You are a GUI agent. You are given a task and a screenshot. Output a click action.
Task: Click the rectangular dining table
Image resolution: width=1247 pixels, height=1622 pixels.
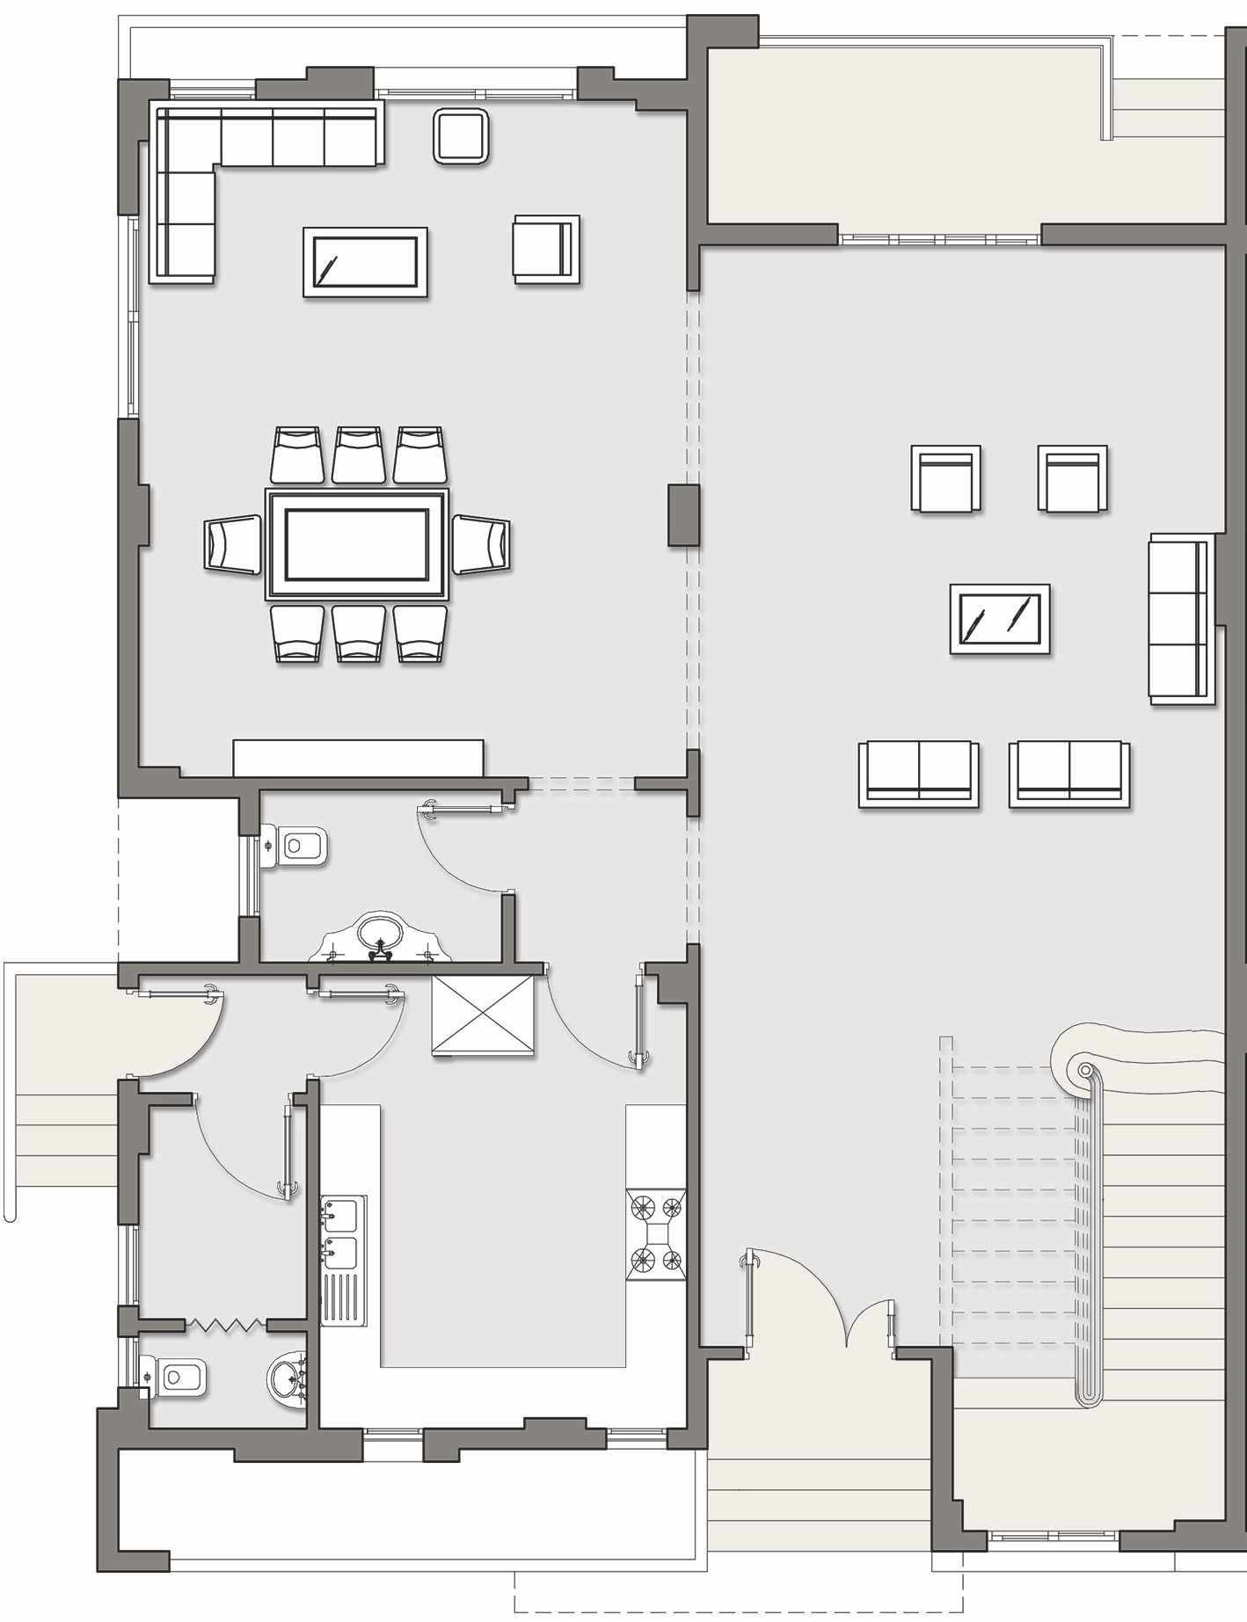[x=356, y=544]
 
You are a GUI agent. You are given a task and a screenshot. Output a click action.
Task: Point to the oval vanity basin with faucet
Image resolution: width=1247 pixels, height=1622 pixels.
[x=379, y=937]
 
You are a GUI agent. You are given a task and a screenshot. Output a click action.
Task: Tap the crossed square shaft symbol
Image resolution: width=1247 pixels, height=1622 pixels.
[x=483, y=1016]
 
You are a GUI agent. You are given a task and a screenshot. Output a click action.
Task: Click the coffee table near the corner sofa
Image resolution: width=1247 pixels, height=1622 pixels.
[x=366, y=262]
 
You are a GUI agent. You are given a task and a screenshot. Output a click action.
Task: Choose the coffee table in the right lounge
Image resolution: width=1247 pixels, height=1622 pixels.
[x=1000, y=619]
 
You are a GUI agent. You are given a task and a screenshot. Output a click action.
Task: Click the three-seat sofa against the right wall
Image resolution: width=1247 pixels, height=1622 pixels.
[x=1181, y=619]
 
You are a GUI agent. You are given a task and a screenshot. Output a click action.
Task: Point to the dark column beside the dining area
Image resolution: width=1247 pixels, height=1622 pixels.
[x=683, y=515]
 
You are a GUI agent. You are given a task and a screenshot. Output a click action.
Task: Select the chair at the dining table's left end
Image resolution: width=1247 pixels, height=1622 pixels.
[x=233, y=545]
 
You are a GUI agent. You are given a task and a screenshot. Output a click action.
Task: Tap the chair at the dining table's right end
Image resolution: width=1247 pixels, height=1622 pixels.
[x=481, y=545]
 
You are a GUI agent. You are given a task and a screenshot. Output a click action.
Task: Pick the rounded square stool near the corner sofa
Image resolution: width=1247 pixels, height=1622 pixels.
[x=461, y=136]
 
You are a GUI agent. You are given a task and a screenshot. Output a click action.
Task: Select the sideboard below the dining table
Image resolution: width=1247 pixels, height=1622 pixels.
[x=358, y=758]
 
